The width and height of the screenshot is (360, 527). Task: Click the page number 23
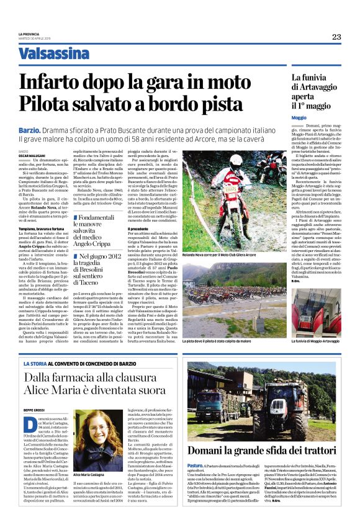336,37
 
